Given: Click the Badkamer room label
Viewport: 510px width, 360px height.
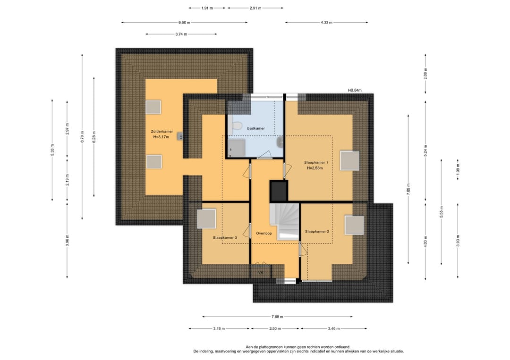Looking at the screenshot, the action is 255,128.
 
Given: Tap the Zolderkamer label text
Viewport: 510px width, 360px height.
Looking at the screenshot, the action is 161,132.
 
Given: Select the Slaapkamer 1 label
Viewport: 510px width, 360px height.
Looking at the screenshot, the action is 316,162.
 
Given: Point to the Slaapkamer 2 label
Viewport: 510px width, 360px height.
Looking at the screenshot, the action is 317,232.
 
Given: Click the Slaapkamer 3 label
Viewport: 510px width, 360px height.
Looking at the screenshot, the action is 225,237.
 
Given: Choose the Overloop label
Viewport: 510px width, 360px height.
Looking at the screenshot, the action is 264,233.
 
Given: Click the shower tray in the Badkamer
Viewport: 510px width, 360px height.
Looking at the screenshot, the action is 237,148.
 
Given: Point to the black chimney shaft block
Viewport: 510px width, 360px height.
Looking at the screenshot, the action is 279,191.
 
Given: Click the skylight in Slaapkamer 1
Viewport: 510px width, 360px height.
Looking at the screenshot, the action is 349,161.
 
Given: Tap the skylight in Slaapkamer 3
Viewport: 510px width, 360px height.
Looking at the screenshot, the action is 206,218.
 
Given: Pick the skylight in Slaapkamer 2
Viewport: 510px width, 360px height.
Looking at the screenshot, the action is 354,225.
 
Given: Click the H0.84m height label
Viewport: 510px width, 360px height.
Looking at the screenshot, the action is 355,90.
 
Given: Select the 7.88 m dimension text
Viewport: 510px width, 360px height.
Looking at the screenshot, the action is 278,317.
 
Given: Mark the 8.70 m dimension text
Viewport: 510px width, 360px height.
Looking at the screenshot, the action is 82,137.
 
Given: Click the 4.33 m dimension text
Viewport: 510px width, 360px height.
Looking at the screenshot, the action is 327,23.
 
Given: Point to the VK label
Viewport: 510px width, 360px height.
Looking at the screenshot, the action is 261,273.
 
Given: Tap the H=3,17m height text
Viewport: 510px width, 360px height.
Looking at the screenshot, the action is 161,137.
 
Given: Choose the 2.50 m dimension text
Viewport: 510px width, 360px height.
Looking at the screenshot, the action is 275,328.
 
